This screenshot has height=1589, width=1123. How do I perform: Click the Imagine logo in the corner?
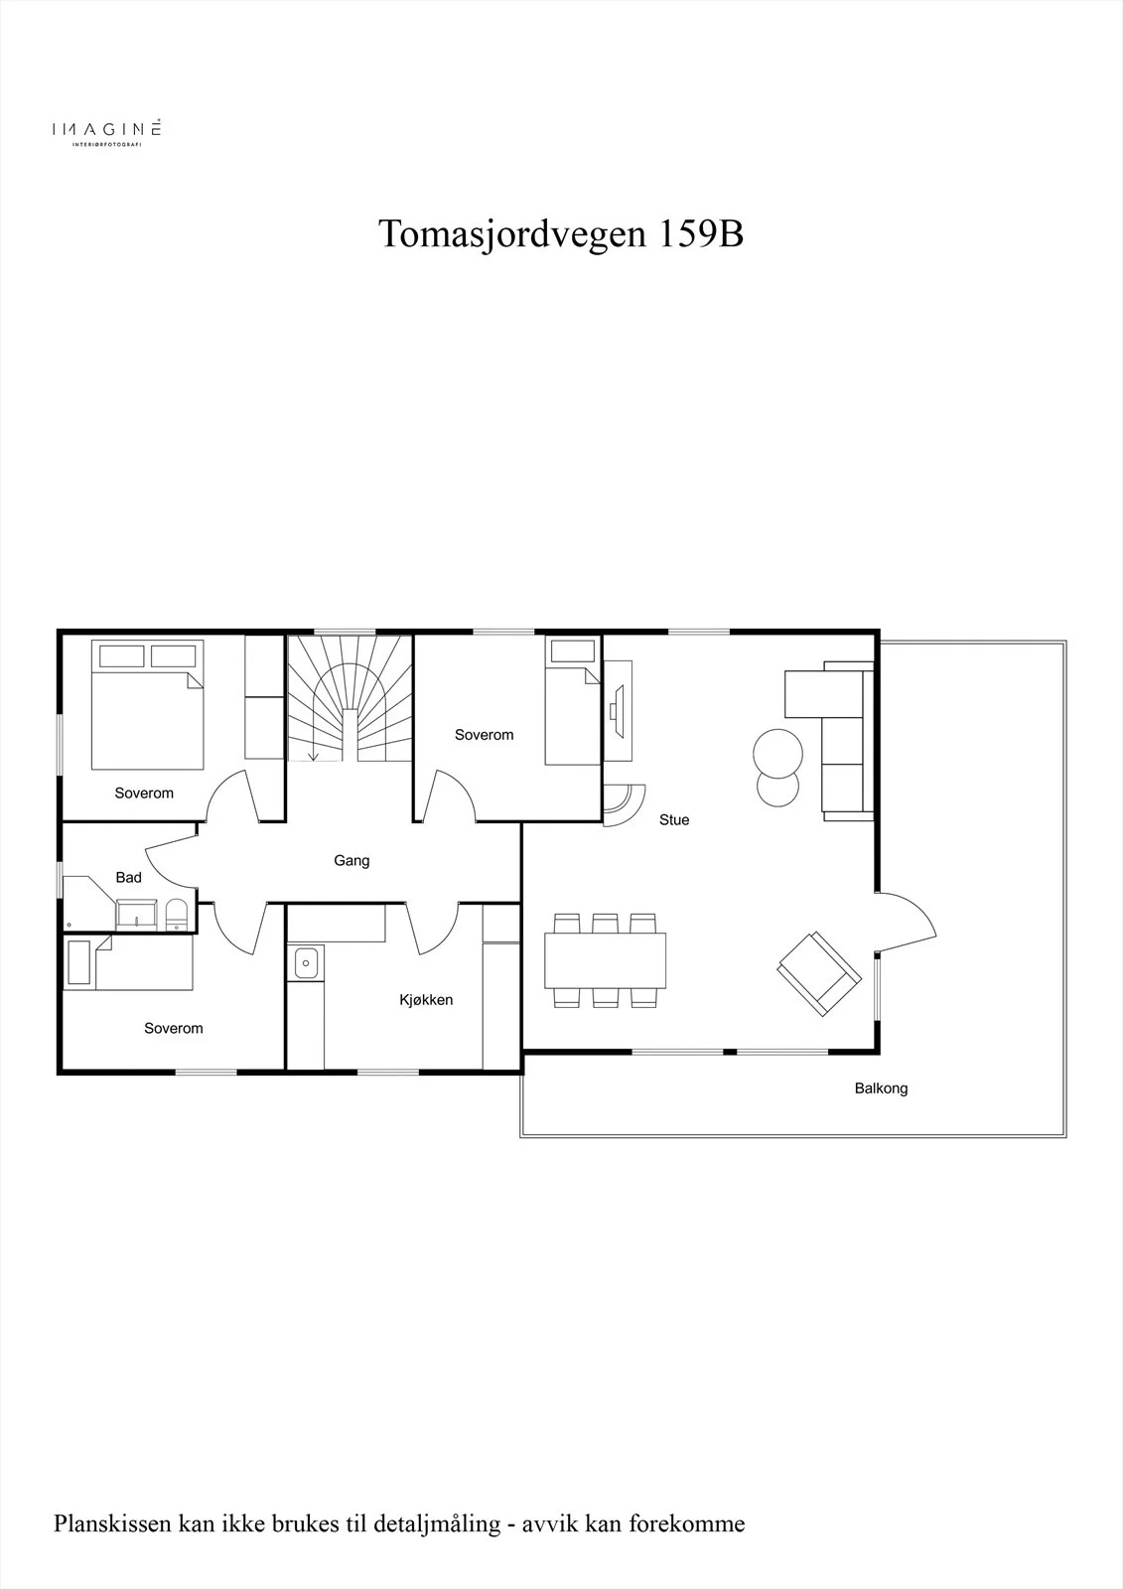(106, 131)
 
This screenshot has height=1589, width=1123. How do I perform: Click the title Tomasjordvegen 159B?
(560, 234)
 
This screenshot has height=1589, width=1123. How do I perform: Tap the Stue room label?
(674, 820)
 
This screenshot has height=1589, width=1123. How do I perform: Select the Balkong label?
(881, 1088)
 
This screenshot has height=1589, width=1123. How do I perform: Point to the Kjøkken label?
(426, 1000)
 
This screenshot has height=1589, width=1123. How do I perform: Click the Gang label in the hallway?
(351, 860)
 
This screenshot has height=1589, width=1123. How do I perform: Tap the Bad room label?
(128, 878)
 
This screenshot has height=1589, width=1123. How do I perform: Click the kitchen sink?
(306, 962)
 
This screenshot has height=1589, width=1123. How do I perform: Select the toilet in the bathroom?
(176, 915)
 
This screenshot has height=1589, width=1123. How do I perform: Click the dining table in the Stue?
(605, 960)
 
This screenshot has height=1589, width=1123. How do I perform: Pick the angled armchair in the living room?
(819, 973)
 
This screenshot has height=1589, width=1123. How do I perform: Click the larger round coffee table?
(777, 754)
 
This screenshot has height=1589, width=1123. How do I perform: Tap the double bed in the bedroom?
(148, 704)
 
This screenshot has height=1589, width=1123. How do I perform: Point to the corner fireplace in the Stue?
(623, 805)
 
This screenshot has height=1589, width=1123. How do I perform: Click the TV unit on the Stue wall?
(618, 711)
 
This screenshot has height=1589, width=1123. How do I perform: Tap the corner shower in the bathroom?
(88, 903)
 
